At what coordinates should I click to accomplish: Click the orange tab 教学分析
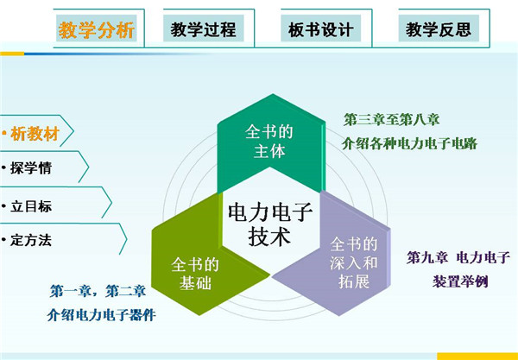(96, 28)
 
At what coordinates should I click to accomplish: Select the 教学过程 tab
(204, 28)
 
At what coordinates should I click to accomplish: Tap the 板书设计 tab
(321, 28)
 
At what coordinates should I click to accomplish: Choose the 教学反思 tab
(439, 28)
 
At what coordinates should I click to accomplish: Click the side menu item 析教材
(35, 134)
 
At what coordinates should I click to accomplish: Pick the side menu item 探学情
(31, 167)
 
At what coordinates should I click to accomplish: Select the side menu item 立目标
(31, 206)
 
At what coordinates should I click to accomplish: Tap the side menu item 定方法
(31, 240)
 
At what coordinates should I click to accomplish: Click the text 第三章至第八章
(392, 119)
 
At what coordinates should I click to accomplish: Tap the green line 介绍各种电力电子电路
(409, 144)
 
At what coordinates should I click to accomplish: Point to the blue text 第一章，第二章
(98, 291)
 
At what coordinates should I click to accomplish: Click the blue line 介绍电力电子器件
(102, 315)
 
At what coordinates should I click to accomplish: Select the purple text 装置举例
(460, 281)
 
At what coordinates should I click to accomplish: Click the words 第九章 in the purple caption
(426, 257)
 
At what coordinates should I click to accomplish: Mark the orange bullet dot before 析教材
(4, 134)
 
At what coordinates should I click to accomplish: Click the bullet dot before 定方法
(4, 240)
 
